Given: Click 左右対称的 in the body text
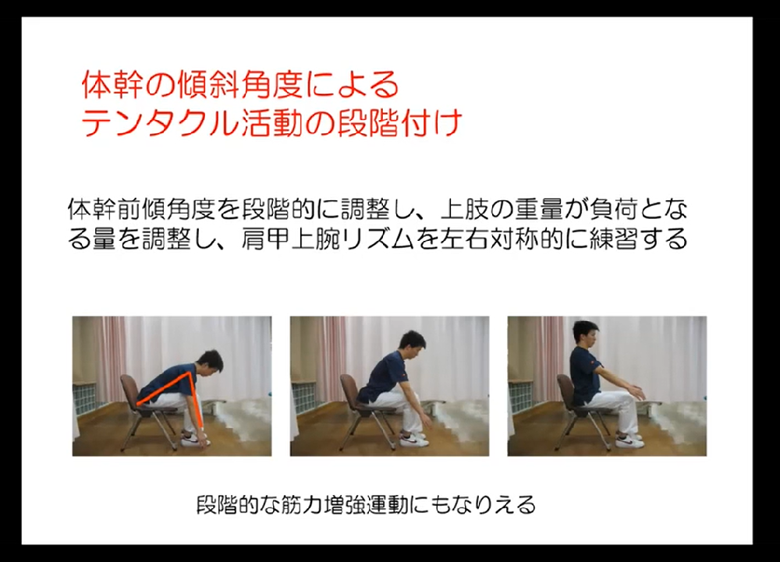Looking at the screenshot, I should [x=514, y=238].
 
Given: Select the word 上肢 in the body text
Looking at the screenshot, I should [x=460, y=209].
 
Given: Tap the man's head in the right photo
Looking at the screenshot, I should [x=586, y=336].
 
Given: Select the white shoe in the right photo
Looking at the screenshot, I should [x=627, y=442].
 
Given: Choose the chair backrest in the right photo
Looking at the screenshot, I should [x=565, y=390].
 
